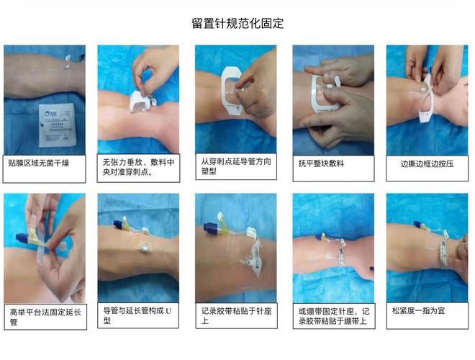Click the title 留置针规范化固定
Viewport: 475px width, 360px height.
pos(237,23)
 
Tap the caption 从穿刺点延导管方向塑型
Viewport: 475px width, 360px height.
pos(235,167)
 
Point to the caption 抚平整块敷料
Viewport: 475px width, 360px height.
pos(322,163)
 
